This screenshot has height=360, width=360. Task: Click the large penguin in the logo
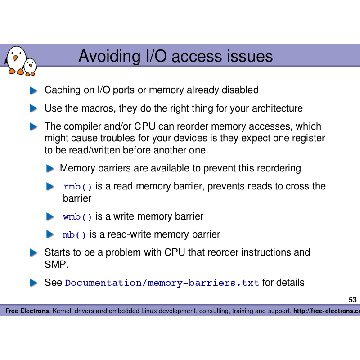tap(16, 60)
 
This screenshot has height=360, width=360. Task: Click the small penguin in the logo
tap(30, 67)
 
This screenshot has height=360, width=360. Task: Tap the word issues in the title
tap(249, 56)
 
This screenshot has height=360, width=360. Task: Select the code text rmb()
tap(77, 187)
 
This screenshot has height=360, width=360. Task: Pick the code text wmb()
tap(77, 217)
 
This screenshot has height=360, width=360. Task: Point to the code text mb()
tap(74, 235)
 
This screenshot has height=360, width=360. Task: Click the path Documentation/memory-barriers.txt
tap(162, 283)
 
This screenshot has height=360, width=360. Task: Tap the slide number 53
tap(352, 300)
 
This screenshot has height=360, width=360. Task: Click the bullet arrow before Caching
tap(33, 90)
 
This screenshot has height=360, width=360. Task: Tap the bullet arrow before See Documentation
tap(33, 283)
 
